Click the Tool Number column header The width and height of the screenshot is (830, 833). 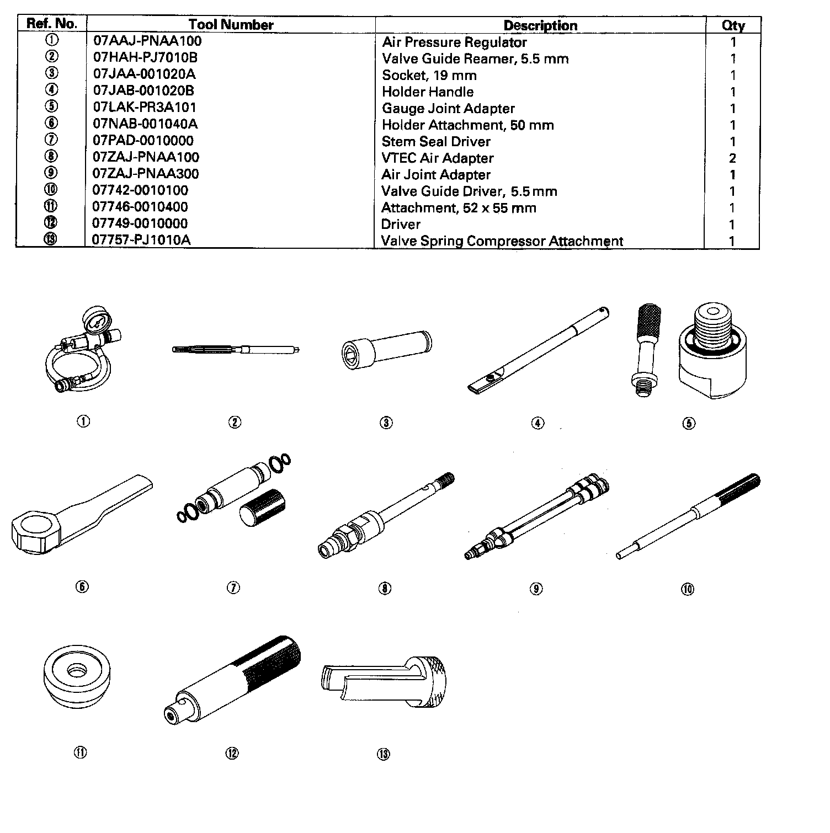point(231,25)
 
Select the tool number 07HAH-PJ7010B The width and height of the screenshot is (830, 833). point(145,58)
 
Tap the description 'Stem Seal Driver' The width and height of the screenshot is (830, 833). point(436,142)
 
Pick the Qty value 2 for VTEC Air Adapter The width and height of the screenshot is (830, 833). point(732,158)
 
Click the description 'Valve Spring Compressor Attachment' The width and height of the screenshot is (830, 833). point(502,241)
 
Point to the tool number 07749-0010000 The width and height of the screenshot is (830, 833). point(140,224)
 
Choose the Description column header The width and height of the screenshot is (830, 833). point(540,25)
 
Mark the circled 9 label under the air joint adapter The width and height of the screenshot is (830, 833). point(535,589)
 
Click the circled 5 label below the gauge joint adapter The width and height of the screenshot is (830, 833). point(689,424)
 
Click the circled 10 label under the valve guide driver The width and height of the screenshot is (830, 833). point(688,589)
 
